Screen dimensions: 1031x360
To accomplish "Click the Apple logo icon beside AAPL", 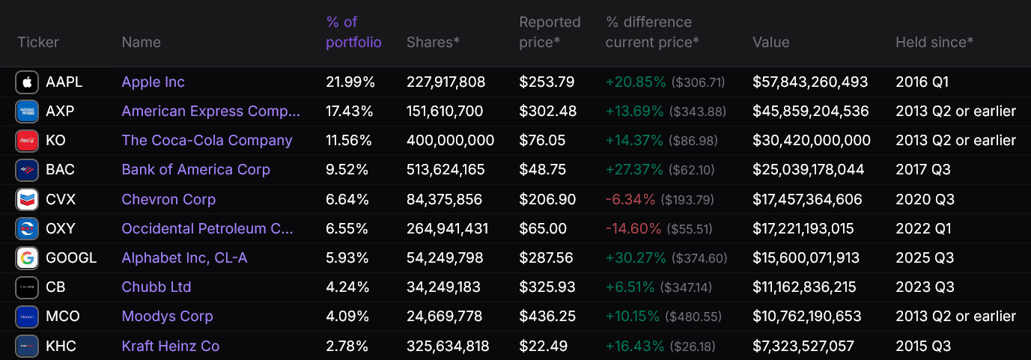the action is (x=27, y=82).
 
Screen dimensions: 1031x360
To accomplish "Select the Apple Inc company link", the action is (x=153, y=82).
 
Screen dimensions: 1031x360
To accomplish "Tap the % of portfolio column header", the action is (x=353, y=32).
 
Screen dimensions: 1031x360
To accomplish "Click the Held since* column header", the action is (x=934, y=43).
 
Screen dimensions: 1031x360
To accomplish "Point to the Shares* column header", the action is (x=433, y=43).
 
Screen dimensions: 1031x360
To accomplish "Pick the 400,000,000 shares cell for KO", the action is (x=450, y=141).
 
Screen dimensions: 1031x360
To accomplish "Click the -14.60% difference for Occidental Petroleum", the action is (x=633, y=229).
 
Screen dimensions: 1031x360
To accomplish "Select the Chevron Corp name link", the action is (x=168, y=199).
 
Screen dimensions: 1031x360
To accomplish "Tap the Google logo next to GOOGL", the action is (x=27, y=258).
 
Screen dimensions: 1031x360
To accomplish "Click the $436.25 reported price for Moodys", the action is (x=547, y=317).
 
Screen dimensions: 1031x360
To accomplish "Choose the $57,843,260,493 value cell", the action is (x=810, y=82).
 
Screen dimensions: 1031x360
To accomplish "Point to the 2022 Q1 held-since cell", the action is (x=923, y=229).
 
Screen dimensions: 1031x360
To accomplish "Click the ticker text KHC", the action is (x=61, y=346).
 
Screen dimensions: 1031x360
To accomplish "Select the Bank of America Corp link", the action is (x=195, y=170).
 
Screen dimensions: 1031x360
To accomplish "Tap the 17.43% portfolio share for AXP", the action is (x=349, y=112).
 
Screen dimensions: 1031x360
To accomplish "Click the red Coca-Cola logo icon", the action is (x=27, y=141).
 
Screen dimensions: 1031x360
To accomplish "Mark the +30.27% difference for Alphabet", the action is (x=636, y=257).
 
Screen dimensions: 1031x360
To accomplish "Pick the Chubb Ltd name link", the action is (x=156, y=287).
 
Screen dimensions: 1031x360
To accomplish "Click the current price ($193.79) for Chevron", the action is (x=687, y=200).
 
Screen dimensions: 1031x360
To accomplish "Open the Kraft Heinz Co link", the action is (x=170, y=346).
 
